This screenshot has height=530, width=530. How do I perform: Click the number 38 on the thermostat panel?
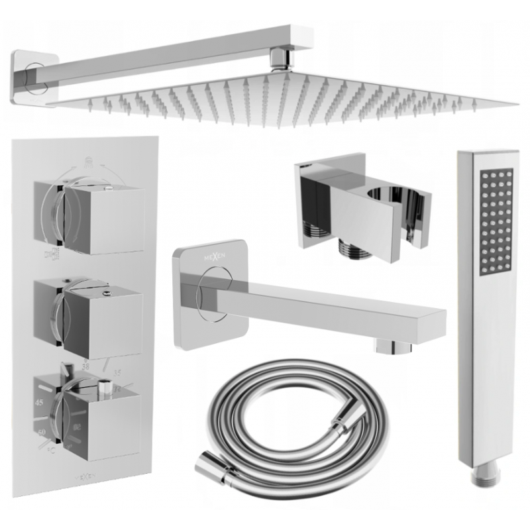(85, 365)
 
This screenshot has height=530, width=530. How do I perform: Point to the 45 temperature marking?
(39, 402)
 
